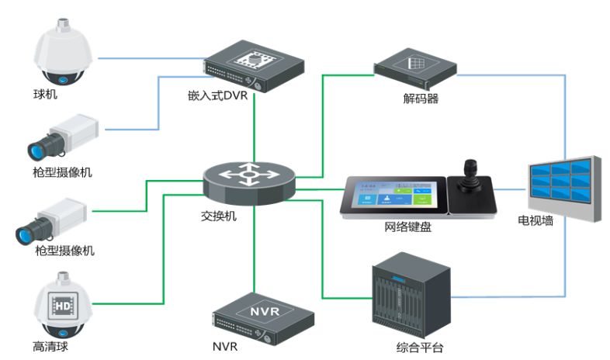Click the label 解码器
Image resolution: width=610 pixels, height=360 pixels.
tap(420, 99)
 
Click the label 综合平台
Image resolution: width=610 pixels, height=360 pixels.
tap(419, 347)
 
